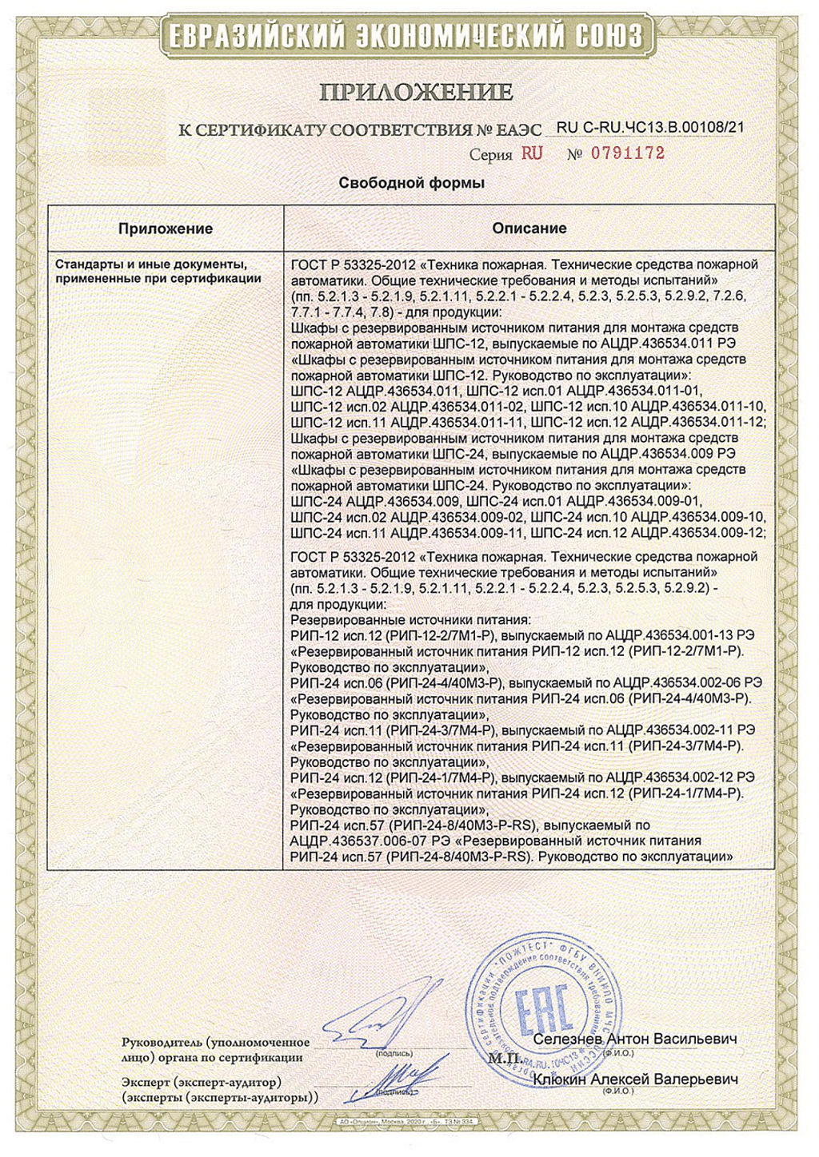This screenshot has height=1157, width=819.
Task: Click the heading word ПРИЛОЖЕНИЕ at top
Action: (x=416, y=92)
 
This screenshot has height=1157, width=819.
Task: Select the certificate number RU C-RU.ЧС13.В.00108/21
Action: (x=649, y=127)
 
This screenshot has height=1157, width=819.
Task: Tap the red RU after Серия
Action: (x=532, y=153)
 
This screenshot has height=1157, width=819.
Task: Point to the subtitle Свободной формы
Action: (x=412, y=183)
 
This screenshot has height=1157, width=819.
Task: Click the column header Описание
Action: (x=529, y=229)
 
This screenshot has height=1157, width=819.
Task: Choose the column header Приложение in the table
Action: (x=166, y=229)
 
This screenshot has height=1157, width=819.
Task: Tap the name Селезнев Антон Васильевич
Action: (x=634, y=1039)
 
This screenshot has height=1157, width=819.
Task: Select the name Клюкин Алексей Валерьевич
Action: (x=635, y=1079)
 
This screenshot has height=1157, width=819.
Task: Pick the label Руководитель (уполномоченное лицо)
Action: (x=215, y=1049)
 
